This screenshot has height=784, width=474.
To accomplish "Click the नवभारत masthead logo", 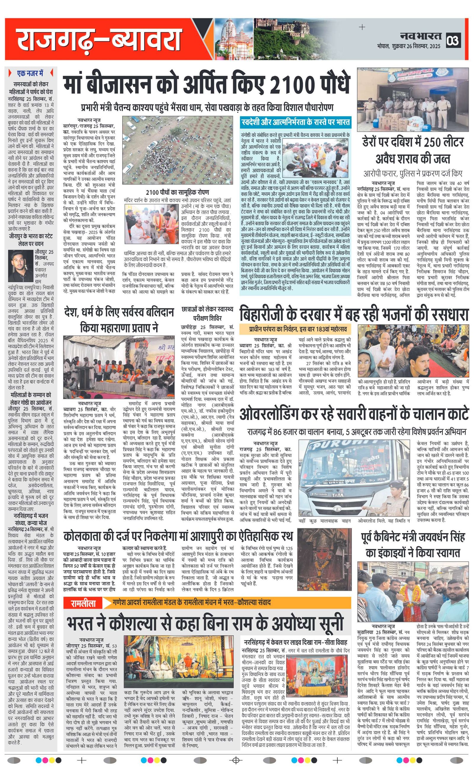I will pos(421,36).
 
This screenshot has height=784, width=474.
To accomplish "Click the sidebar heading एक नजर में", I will pos(31,74).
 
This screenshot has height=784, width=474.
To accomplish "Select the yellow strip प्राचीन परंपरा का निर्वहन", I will pos(297,329).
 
